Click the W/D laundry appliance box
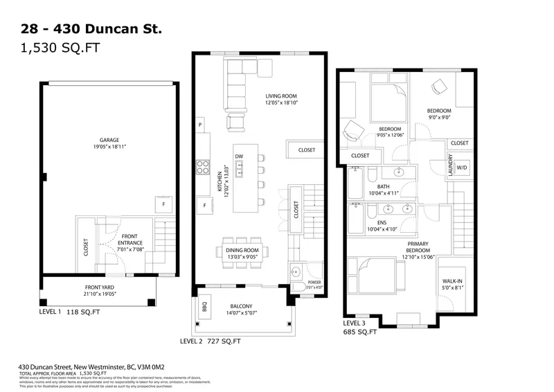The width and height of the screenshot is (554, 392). (x=461, y=167)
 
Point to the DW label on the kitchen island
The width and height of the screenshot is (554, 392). (x=239, y=157)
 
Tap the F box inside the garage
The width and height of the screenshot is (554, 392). (x=163, y=205)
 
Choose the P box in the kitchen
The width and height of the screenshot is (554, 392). (x=200, y=125)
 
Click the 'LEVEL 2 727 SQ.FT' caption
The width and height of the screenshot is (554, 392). (x=210, y=341)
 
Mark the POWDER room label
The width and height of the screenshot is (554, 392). (x=305, y=282)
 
